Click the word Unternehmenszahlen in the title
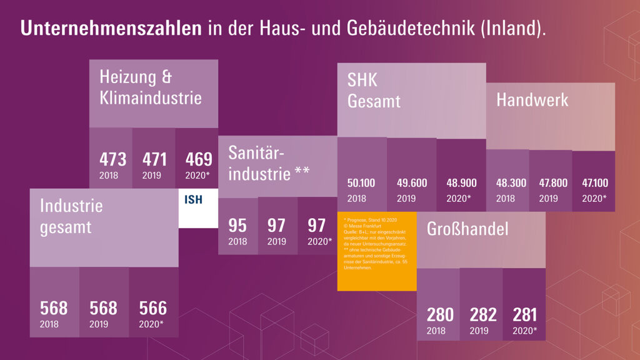(111, 29)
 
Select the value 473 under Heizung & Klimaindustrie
(112, 159)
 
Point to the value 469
(199, 159)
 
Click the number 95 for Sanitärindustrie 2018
(237, 225)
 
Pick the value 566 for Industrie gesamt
(153, 307)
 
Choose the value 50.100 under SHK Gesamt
(361, 183)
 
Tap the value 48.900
(461, 183)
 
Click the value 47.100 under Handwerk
(595, 183)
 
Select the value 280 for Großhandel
(440, 314)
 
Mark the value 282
(482, 314)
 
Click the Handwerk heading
(532, 100)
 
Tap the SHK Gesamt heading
(374, 90)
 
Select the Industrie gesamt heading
(71, 216)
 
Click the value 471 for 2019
(156, 159)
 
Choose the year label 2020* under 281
(525, 331)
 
